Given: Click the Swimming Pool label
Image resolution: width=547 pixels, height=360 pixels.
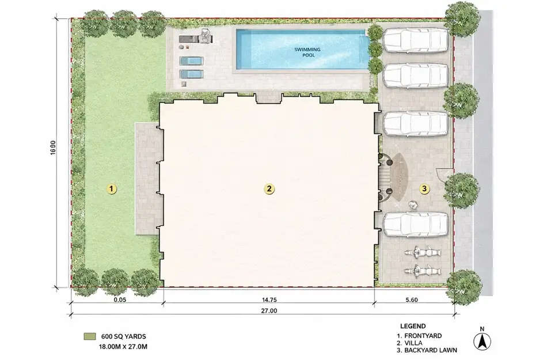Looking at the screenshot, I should click(307, 52).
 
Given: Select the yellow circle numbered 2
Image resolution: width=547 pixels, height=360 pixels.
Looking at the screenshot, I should click(268, 188).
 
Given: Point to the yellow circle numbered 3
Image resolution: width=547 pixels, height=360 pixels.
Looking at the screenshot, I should click(424, 188).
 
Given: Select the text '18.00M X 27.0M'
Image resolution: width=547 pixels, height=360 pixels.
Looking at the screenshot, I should click(124, 347).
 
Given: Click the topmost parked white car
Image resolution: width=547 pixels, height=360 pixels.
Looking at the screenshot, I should click(416, 40).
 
